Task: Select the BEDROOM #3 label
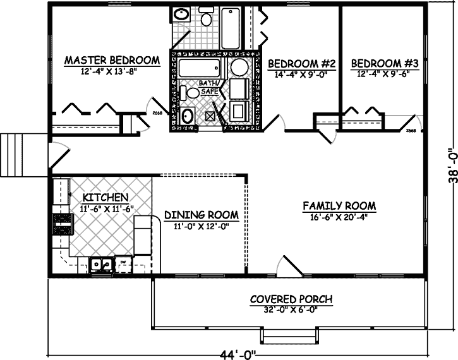(385, 64)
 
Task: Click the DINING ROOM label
(201, 215)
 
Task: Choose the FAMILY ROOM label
(339, 206)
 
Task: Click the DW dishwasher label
(124, 261)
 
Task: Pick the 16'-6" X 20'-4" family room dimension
(339, 218)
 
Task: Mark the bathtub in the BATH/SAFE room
(198, 68)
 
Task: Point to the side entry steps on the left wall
(13, 156)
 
